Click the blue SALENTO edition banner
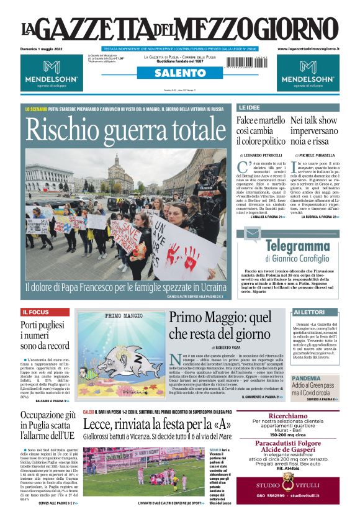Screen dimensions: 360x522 pos(179,73)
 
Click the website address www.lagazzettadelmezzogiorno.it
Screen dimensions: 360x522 pos(308,48)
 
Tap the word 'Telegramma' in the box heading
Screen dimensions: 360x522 pos(298,246)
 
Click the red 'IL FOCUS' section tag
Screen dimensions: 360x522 pos(36,312)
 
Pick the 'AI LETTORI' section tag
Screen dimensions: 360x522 pos(308,312)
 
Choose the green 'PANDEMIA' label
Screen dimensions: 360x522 pos(306,378)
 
